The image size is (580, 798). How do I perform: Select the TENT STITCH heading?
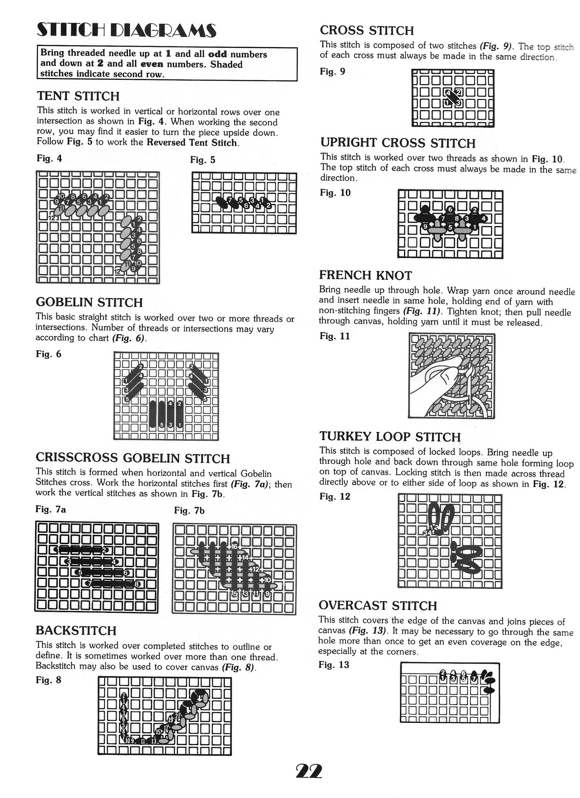pos(78,96)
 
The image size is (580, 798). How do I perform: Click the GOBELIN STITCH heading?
pos(89,302)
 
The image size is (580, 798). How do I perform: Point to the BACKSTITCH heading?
pos(76,631)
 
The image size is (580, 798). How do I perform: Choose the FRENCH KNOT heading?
pos(366,275)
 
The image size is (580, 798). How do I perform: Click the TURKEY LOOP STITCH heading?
pos(390,437)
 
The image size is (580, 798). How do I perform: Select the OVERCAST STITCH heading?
pos(378,606)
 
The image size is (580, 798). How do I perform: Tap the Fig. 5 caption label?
pos(202,160)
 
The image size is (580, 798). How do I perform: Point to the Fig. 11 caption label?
pos(335,336)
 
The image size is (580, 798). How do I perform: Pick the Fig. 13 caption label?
pos(334,665)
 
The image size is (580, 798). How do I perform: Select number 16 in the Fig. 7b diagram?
pos(234,546)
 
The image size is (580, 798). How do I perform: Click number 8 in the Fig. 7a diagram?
pos(137,584)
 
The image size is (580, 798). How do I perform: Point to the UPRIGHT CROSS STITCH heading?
pos(398,143)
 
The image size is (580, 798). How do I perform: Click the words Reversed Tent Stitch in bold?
pos(192,142)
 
